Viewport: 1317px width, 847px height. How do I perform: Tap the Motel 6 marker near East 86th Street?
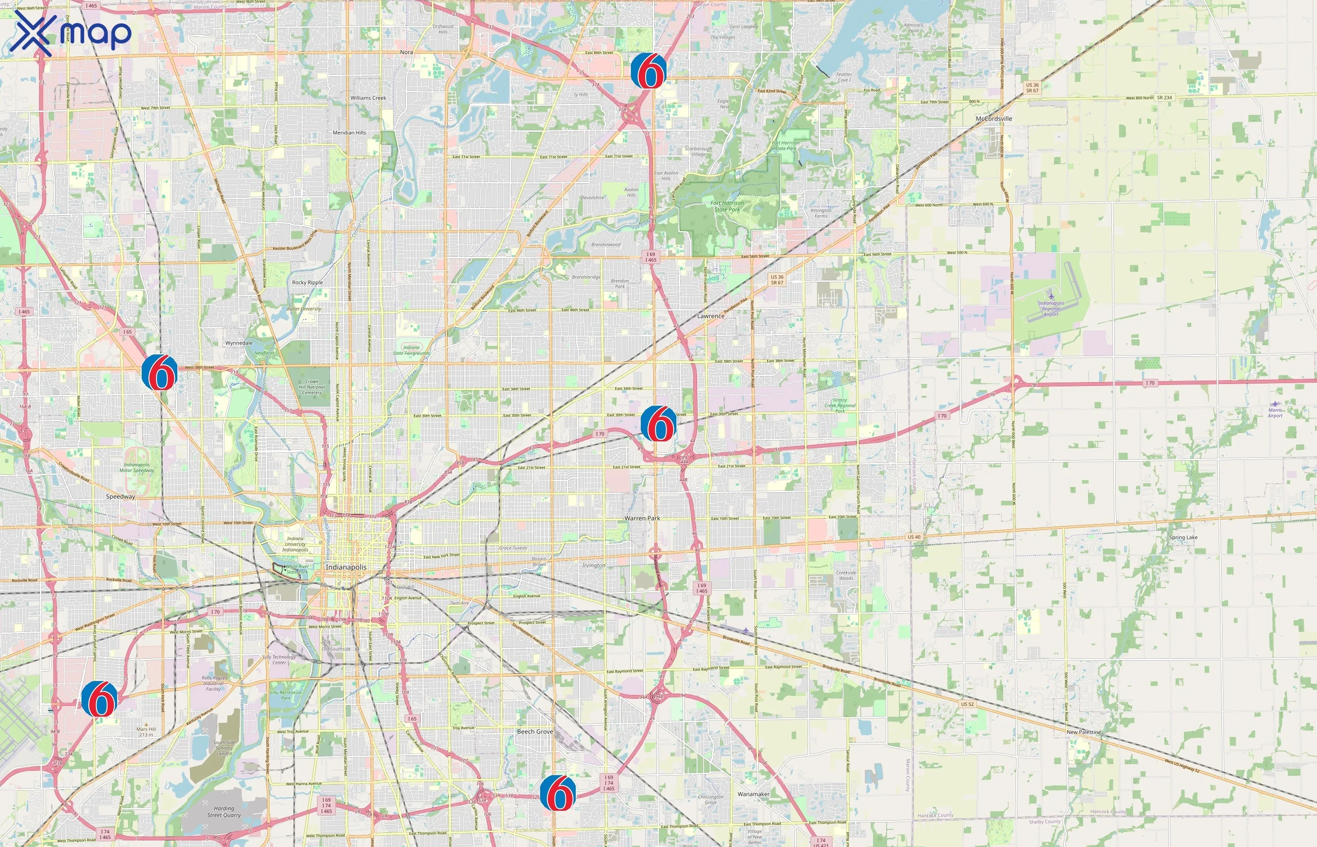649,71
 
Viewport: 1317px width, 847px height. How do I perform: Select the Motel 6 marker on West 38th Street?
159,372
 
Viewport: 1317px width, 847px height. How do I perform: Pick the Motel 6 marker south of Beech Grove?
558,792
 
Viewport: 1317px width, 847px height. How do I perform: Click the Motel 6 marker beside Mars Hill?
100,698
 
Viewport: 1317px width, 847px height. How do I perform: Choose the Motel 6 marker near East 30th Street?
658,423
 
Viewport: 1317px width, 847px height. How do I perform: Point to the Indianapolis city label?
346,567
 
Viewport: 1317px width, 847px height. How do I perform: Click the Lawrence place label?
711,316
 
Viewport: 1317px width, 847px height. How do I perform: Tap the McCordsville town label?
994,119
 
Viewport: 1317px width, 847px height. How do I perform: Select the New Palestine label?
1083,732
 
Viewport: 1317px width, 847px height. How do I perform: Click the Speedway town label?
120,496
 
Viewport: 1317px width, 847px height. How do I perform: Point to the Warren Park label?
642,518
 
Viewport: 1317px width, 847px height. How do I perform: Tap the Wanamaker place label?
753,794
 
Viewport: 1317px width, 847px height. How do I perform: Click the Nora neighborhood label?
406,52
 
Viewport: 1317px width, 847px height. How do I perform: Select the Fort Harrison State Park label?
727,206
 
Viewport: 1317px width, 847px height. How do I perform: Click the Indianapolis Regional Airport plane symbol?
1051,297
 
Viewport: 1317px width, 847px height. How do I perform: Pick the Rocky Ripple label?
307,283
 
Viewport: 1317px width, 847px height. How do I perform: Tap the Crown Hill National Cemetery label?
312,387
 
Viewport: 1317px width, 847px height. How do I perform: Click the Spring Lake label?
1183,537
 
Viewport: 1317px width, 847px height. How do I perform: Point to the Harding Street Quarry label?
224,812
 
